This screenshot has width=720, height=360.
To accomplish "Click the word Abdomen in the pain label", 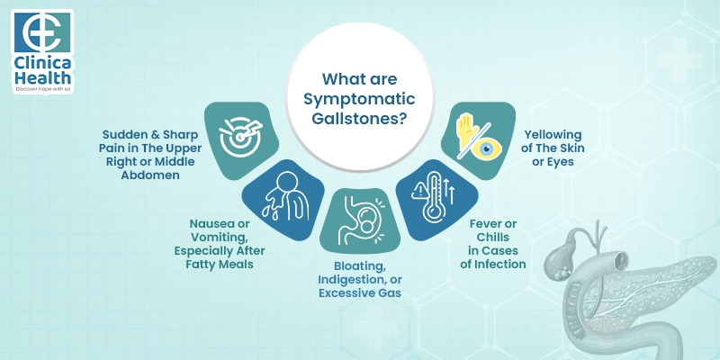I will coord(152,175).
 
